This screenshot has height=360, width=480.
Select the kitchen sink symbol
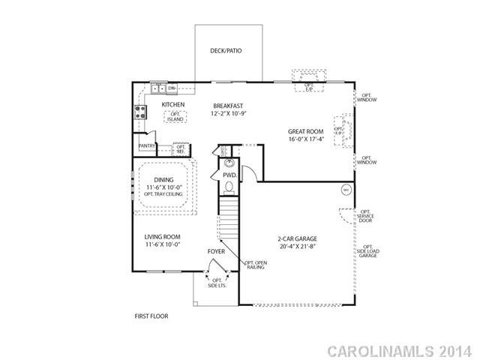(158, 88)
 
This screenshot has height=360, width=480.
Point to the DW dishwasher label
(172, 88)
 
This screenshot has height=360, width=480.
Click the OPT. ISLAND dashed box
(175, 116)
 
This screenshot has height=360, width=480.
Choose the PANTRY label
(146, 145)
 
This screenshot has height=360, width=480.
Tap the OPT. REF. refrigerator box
(180, 148)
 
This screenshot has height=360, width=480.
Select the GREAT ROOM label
(306, 132)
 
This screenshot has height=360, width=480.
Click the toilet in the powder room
(224, 150)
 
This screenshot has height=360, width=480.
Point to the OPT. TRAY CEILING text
(163, 194)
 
